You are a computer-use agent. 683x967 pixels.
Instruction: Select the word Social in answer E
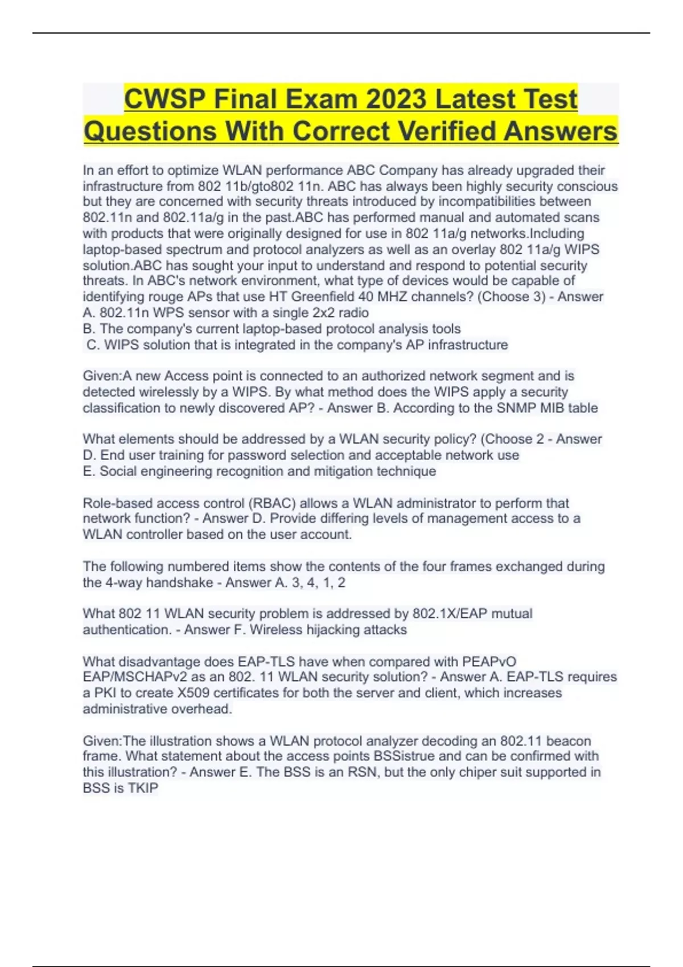tap(119, 472)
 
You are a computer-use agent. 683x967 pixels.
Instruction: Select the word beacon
tap(568, 741)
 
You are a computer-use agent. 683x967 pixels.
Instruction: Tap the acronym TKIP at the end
tap(143, 788)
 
